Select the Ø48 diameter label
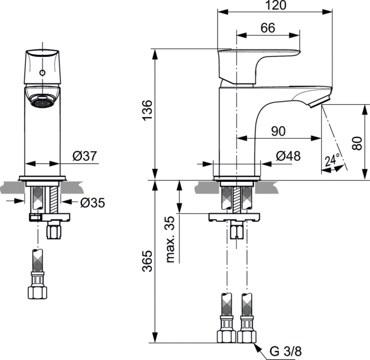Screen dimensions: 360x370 [x=288, y=157]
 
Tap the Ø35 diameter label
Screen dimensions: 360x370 [x=92, y=202]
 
